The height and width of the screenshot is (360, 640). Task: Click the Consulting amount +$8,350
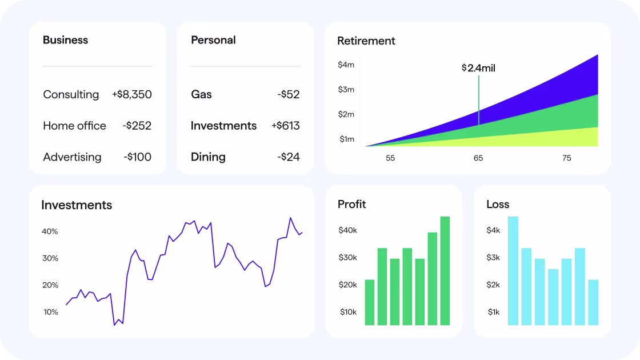tap(132, 94)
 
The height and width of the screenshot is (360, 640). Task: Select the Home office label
tap(74, 126)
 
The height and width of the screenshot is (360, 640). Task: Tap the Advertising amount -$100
tap(137, 157)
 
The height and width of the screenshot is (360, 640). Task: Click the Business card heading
tap(65, 40)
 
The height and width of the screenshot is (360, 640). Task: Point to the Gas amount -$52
tap(289, 94)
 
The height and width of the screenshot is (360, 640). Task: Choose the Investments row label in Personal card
tap(223, 126)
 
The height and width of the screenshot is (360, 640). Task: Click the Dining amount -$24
tap(289, 157)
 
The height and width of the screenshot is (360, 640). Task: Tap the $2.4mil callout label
tap(478, 68)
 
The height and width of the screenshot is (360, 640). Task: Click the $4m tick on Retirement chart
tap(346, 65)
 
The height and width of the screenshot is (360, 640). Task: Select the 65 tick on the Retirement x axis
tap(478, 158)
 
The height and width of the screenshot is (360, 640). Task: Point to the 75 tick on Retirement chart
tap(566, 158)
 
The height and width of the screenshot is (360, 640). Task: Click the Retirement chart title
tap(366, 41)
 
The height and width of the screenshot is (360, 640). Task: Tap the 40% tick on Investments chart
tap(50, 231)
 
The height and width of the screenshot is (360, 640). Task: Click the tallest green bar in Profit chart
tap(445, 270)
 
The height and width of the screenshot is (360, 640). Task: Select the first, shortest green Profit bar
tap(370, 302)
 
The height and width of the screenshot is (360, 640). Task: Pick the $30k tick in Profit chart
tap(347, 258)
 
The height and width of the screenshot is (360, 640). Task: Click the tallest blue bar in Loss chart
tap(513, 270)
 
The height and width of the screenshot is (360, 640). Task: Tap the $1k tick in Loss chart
tap(493, 312)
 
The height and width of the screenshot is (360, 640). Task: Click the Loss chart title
tap(497, 205)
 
